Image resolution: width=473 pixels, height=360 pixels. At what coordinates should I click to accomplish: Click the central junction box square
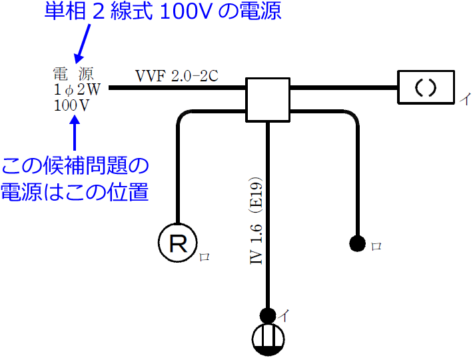coord(268,99)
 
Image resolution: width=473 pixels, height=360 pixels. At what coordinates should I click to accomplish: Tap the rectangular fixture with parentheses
coord(426,87)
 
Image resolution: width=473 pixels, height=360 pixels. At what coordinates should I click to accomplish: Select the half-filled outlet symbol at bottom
coord(268,339)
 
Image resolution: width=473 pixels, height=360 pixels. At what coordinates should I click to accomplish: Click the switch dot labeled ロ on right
coord(357,244)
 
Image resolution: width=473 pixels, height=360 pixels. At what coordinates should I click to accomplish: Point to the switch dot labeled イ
coord(268,315)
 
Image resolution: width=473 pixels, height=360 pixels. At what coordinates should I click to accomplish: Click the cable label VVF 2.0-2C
coord(177,75)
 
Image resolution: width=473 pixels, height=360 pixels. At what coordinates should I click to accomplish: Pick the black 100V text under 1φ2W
coord(73,105)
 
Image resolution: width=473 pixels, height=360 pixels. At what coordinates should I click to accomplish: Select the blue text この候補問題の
coord(75,166)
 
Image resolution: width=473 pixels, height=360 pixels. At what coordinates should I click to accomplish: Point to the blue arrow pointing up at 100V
coord(75,133)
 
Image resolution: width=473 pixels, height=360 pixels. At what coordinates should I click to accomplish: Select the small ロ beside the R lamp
coord(203,257)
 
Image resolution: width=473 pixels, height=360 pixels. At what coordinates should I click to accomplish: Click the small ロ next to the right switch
coord(376,246)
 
